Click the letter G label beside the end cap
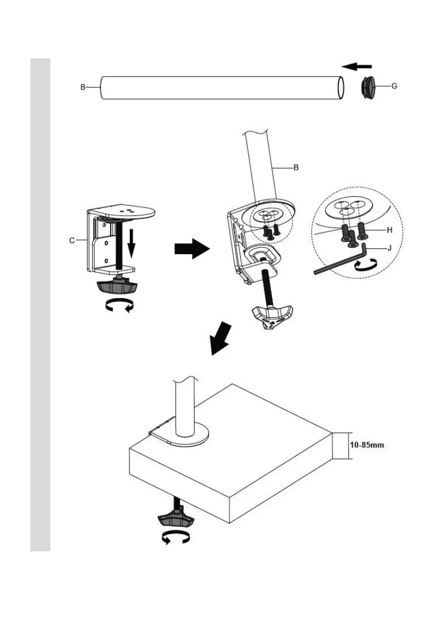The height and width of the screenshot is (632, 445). pyautogui.click(x=394, y=85)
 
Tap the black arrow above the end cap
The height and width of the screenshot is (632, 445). pyautogui.click(x=356, y=66)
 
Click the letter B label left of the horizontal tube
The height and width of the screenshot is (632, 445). pyautogui.click(x=83, y=87)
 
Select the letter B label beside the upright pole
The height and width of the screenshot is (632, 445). pyautogui.click(x=296, y=167)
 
